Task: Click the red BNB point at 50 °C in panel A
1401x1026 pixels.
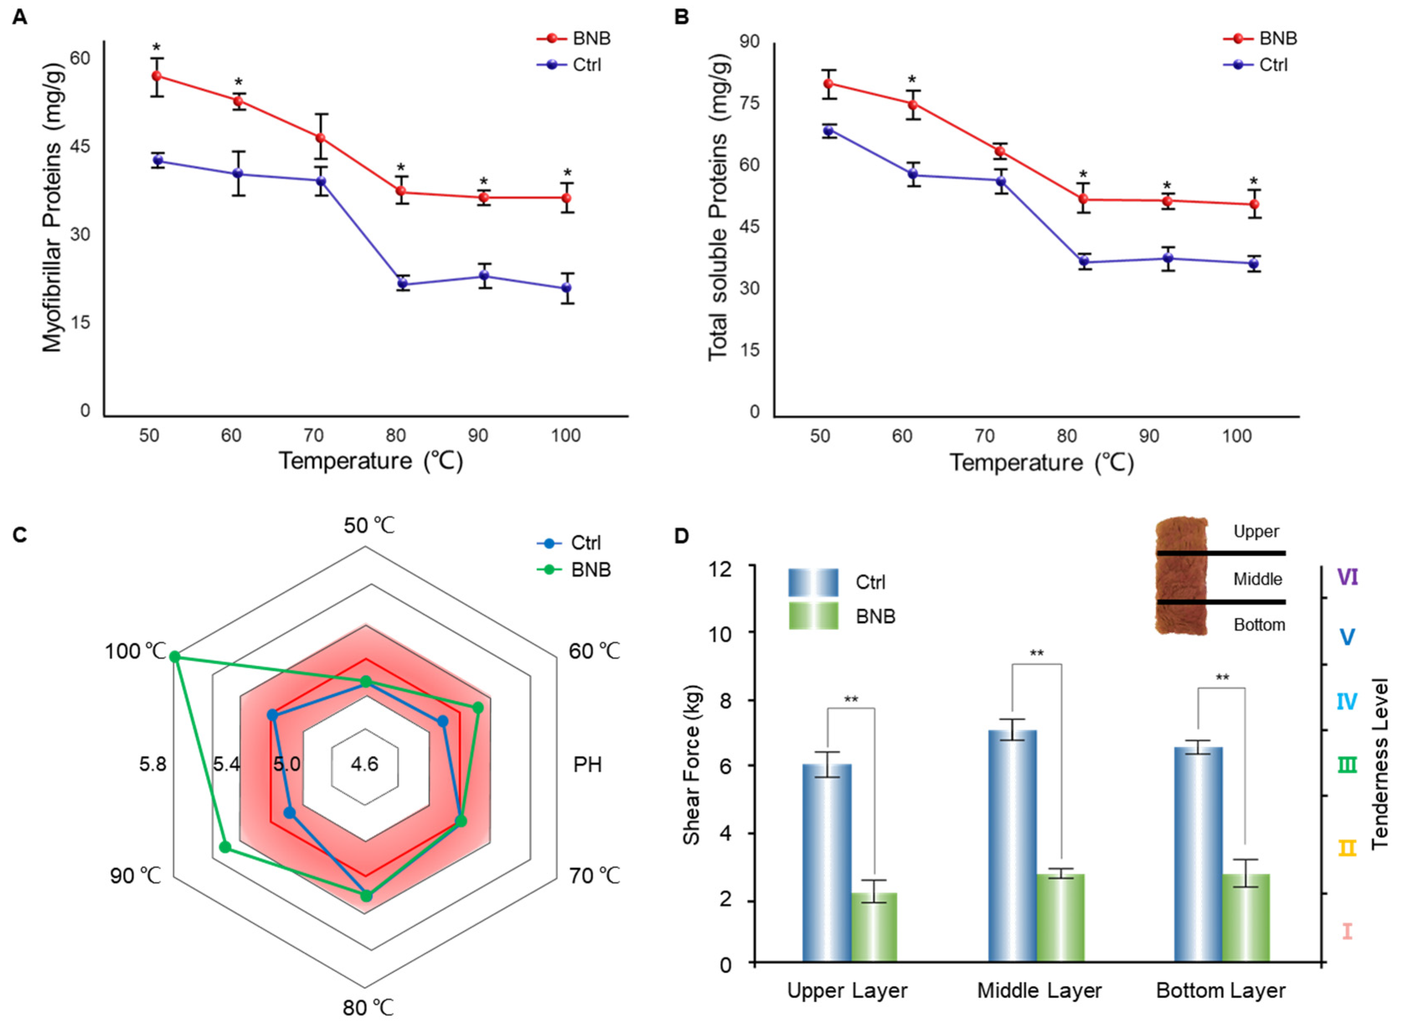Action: pos(157,76)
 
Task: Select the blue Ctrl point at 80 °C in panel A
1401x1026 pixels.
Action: pos(402,284)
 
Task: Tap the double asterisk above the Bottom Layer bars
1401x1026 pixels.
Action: pos(1222,677)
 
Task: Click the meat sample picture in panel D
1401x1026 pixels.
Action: pos(1181,576)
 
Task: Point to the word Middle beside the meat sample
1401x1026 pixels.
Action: pos(1257,579)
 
